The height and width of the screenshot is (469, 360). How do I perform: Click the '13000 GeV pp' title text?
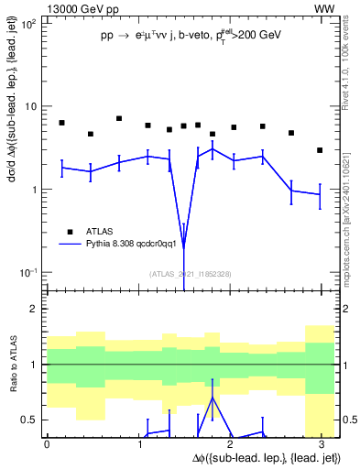click(x=82, y=8)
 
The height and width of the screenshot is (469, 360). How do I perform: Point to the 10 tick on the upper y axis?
click(x=31, y=106)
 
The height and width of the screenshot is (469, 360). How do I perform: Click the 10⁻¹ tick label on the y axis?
click(x=28, y=272)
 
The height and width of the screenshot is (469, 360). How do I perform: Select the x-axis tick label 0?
click(x=47, y=444)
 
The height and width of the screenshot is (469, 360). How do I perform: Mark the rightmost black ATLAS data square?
click(x=319, y=150)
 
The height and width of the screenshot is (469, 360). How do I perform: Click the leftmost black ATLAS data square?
click(x=61, y=123)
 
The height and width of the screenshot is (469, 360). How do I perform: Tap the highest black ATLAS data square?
click(x=119, y=118)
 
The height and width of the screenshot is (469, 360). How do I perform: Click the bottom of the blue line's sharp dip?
click(x=183, y=247)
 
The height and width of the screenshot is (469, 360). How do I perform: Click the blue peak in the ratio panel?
click(x=213, y=398)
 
